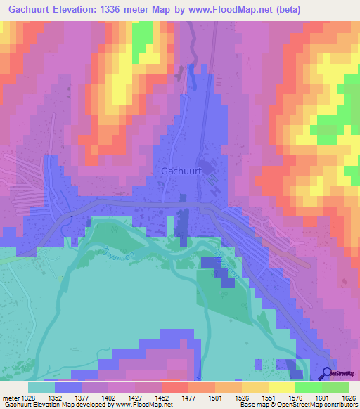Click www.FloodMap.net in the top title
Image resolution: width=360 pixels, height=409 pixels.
point(257,10)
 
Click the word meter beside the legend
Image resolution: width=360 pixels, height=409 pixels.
point(11,398)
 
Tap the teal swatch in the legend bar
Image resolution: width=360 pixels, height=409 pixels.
point(41,387)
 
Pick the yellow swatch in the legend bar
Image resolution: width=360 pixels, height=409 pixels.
point(281,387)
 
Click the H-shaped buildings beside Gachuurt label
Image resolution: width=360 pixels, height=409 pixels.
point(213,184)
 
